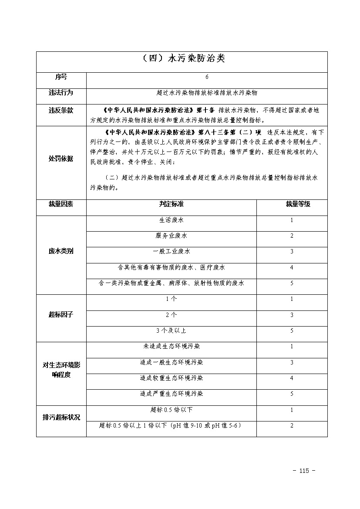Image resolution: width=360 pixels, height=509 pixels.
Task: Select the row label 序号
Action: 61,77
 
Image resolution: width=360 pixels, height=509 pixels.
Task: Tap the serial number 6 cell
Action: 207,77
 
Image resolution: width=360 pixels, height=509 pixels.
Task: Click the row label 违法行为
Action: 61,93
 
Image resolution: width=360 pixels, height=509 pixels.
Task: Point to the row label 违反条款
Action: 61,111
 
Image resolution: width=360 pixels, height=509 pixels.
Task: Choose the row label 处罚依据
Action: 61,159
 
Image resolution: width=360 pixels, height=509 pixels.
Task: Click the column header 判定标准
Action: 171,204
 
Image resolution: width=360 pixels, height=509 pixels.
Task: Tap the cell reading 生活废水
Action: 171,220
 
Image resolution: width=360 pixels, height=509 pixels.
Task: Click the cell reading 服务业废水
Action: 171,236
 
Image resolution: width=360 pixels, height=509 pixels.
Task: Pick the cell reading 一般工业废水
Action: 171,252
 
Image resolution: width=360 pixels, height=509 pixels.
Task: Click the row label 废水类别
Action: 61,252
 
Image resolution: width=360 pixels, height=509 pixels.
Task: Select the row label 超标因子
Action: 61,315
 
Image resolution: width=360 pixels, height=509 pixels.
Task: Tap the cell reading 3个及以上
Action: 171,330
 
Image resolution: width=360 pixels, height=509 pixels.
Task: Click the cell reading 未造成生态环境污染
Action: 171,347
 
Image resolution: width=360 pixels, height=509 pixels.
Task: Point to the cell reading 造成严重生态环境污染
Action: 171,394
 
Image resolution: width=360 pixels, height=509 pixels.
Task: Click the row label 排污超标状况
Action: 61,417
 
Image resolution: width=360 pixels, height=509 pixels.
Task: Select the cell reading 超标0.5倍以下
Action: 171,410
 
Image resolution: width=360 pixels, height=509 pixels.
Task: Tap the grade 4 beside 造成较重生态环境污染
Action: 292,378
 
